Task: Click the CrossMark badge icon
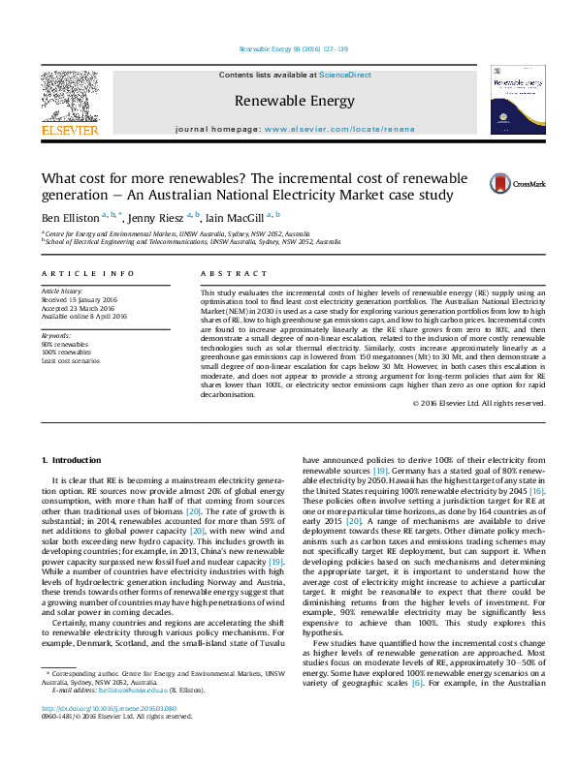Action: pos(491,183)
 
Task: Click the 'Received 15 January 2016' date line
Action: pos(79,298)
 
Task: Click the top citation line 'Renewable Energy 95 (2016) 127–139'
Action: pos(288,49)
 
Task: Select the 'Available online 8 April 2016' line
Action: pos(83,314)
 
